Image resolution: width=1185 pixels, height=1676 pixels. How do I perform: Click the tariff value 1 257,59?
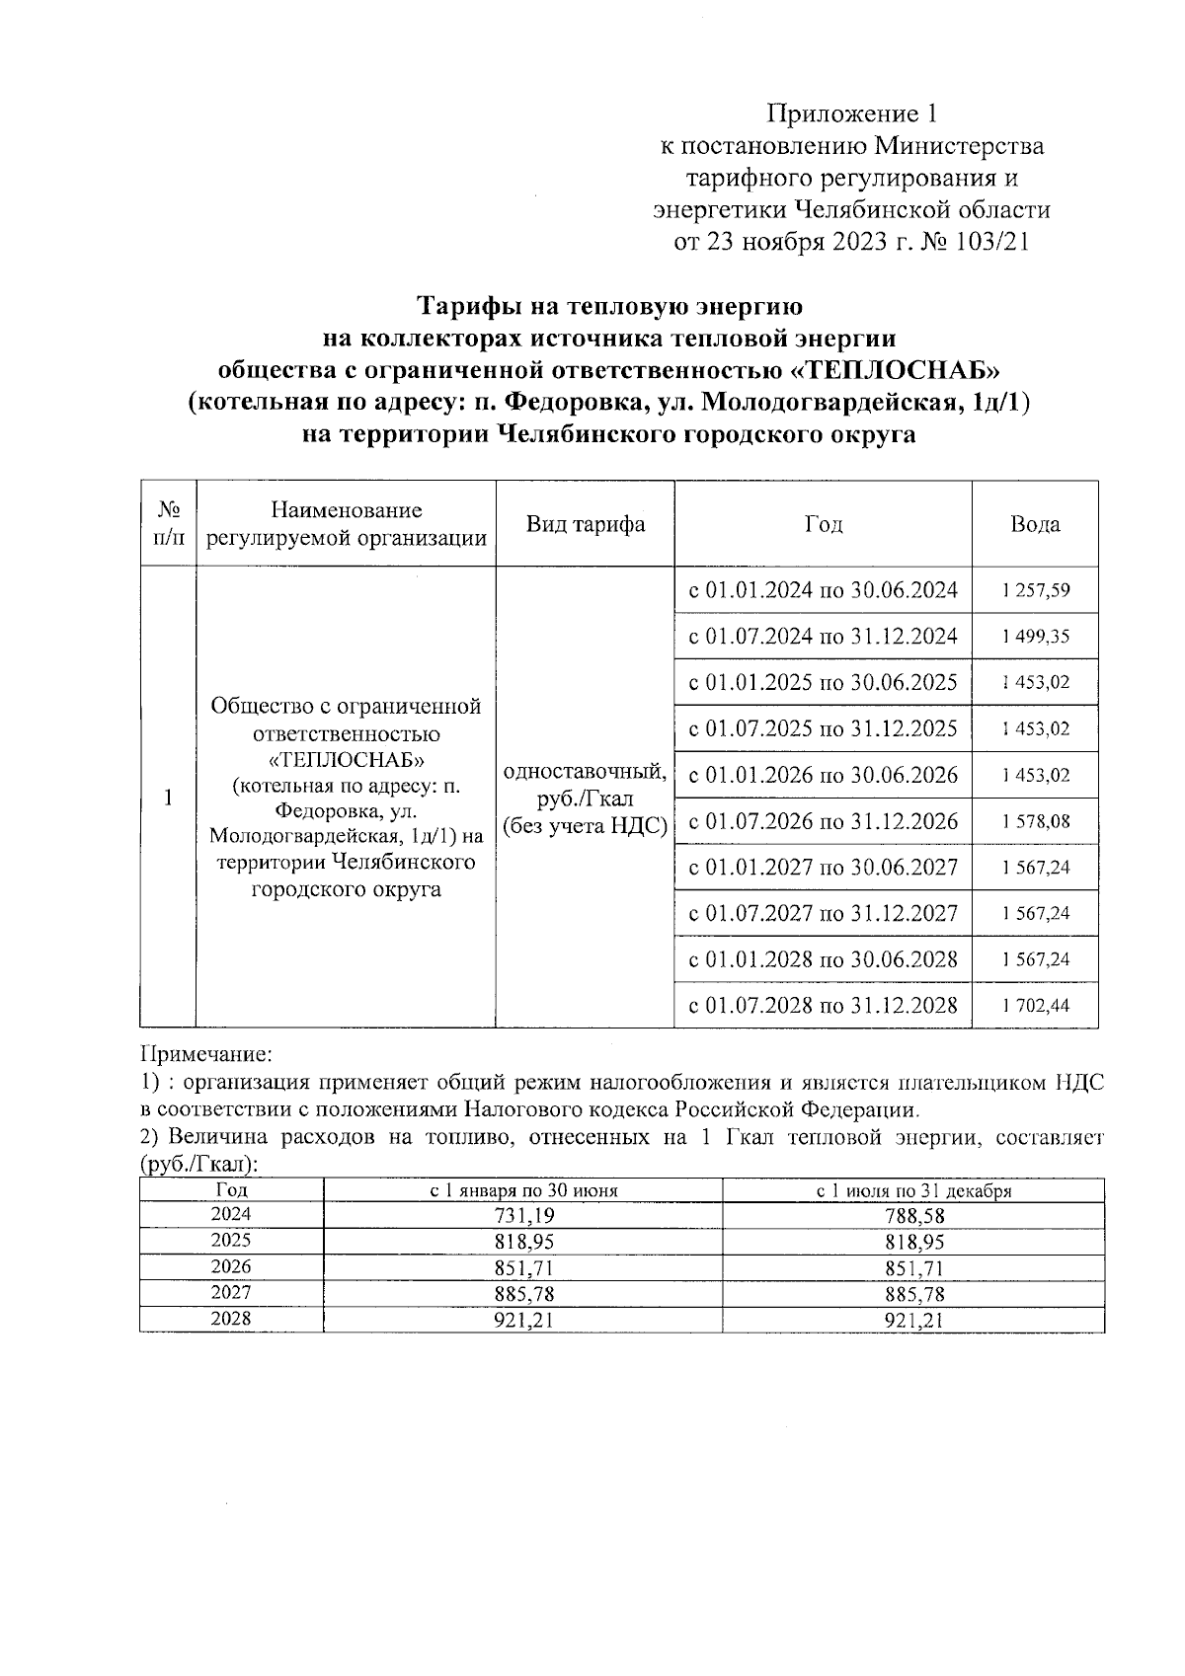[x=1035, y=591]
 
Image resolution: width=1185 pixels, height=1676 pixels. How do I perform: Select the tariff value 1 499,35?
[x=1035, y=637]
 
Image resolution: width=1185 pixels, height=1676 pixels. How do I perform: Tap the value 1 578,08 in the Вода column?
[x=1035, y=821]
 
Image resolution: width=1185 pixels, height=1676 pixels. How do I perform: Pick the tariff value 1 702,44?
[x=1035, y=1006]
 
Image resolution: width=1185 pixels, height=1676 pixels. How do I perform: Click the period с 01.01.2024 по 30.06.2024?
[x=823, y=590]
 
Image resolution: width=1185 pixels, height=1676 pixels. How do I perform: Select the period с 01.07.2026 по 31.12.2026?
[x=823, y=821]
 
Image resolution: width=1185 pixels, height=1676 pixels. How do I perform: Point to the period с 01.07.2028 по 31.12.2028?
[x=823, y=1006]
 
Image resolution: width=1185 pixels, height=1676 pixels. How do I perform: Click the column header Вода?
[x=1035, y=524]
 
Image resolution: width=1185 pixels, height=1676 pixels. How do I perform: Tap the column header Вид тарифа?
[x=585, y=524]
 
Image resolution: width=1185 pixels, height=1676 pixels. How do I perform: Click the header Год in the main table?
[x=823, y=524]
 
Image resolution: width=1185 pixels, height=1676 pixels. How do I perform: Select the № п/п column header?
[x=168, y=524]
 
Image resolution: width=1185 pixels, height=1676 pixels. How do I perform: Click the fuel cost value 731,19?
[x=522, y=1216]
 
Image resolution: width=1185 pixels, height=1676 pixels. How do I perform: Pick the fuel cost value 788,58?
[x=913, y=1216]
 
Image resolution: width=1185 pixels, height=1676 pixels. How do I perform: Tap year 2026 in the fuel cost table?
[x=231, y=1267]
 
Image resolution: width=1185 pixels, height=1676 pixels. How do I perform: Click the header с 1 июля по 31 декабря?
[x=913, y=1190]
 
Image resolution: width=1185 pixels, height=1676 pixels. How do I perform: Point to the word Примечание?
[x=205, y=1055]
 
